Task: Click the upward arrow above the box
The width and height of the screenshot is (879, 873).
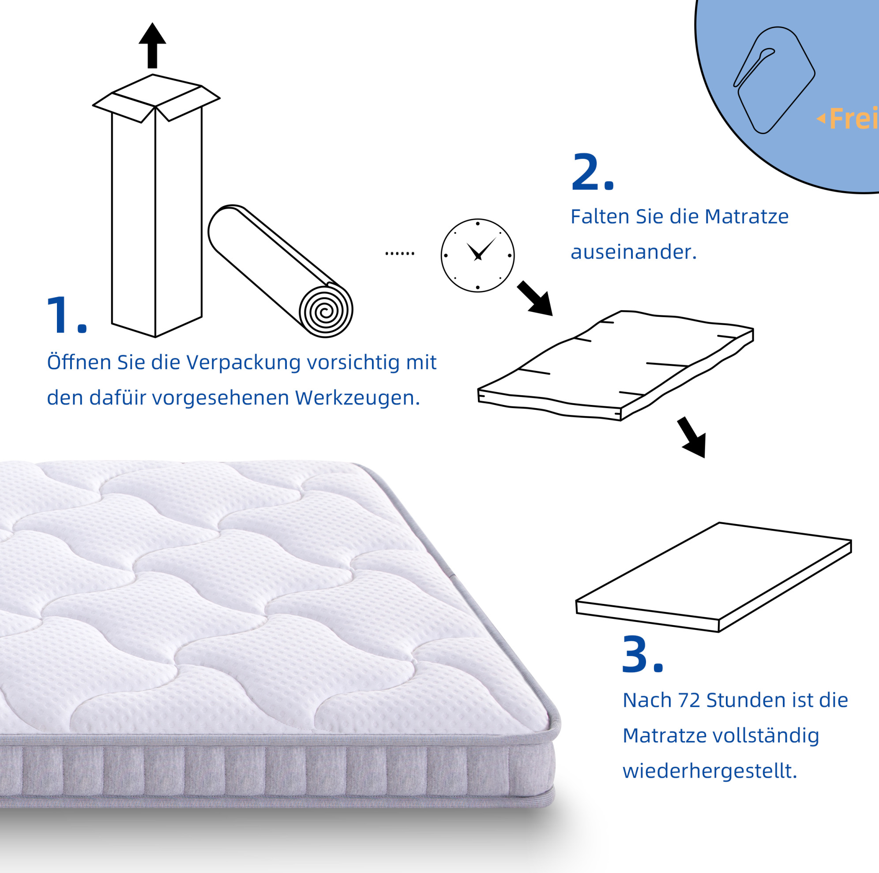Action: (152, 45)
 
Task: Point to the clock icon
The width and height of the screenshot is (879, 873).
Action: (478, 255)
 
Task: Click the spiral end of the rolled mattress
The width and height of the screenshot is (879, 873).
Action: (326, 311)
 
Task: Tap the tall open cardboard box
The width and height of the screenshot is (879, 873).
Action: (156, 206)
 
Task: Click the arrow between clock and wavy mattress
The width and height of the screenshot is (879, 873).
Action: (536, 299)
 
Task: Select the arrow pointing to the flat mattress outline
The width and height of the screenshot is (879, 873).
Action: (692, 437)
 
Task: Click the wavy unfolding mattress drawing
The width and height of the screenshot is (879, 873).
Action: (615, 366)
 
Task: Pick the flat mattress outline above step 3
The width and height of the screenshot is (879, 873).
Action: (714, 577)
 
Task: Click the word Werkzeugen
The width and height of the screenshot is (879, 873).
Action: (357, 397)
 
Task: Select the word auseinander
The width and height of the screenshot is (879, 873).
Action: (633, 251)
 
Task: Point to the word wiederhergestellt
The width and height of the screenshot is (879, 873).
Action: (710, 771)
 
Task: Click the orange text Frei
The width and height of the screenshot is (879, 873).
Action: (853, 119)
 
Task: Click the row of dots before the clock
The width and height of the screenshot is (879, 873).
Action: (400, 253)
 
